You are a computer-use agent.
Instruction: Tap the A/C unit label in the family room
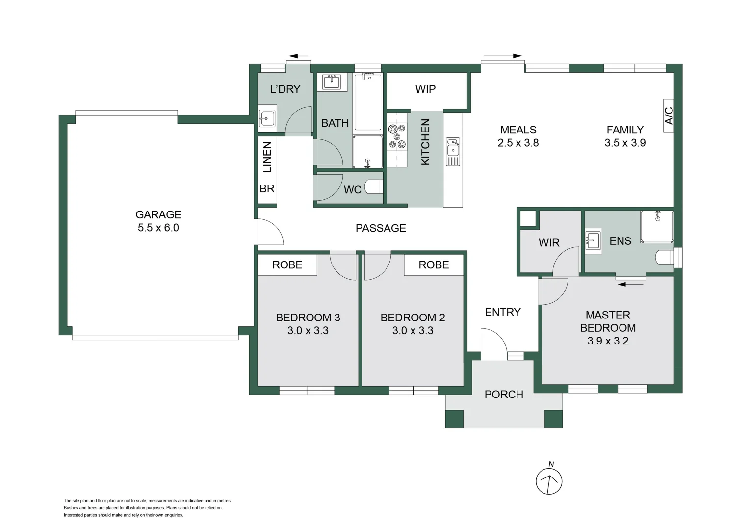(669, 115)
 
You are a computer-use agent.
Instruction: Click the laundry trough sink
(267, 118)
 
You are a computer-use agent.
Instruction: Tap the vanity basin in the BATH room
(332, 81)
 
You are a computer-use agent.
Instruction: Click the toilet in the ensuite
(665, 257)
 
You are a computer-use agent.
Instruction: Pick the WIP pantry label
(425, 89)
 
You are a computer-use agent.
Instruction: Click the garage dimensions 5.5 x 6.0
(158, 228)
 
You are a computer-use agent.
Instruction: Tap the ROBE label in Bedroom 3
(287, 265)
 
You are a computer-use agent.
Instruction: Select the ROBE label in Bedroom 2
(434, 265)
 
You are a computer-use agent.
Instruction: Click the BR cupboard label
(267, 189)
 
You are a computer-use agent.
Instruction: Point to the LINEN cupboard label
(267, 157)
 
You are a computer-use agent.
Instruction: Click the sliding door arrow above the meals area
(502, 56)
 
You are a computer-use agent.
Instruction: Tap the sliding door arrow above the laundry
(298, 56)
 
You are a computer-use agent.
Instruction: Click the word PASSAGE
(381, 228)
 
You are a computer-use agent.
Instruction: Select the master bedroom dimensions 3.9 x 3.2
(608, 341)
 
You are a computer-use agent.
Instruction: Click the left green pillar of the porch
(454, 419)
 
